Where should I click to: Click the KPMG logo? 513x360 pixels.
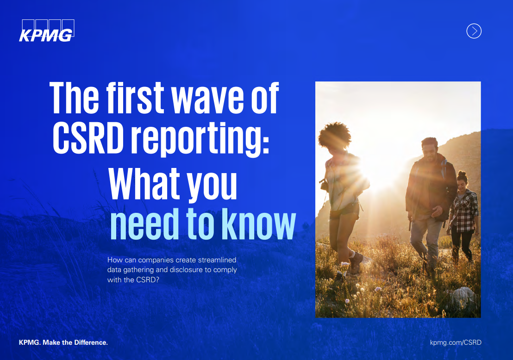click(46, 31)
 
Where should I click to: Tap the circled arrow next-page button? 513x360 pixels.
click(474, 31)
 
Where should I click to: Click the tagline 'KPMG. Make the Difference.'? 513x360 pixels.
click(63, 342)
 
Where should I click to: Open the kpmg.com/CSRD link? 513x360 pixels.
click(456, 342)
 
